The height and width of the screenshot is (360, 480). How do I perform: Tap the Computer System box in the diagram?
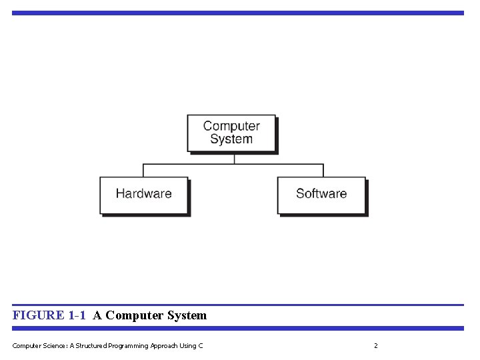pyautogui.click(x=231, y=133)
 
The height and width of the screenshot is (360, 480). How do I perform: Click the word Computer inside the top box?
pyautogui.click(x=231, y=126)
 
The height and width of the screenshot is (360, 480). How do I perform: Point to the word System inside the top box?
pyautogui.click(x=231, y=139)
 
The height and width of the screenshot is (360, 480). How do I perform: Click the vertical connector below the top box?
pyautogui.click(x=233, y=159)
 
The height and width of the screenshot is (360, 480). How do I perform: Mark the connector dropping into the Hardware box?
pyautogui.click(x=144, y=171)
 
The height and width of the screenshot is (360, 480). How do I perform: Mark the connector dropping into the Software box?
pyautogui.click(x=323, y=171)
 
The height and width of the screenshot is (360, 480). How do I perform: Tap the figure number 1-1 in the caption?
pyautogui.click(x=77, y=315)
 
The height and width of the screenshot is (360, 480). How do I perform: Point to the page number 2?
pyautogui.click(x=376, y=345)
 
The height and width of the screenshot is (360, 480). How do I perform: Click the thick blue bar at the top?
pyautogui.click(x=238, y=13)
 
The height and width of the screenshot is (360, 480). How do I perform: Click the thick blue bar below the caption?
pyautogui.click(x=238, y=328)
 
